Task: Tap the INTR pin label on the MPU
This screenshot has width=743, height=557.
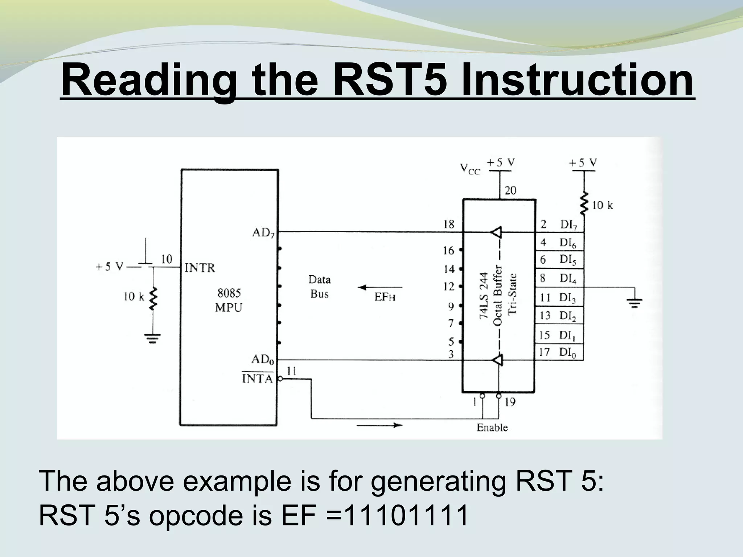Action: point(200,268)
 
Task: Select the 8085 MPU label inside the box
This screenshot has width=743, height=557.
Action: point(229,300)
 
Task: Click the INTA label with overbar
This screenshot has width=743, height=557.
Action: point(257,379)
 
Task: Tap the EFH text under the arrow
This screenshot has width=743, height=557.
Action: point(385,298)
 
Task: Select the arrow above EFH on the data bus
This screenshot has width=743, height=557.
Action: point(380,288)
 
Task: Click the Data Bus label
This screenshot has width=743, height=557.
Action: point(319,286)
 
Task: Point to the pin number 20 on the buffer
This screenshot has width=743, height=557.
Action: point(510,190)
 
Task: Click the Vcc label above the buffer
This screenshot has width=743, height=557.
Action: point(470,169)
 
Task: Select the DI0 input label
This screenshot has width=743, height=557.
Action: point(567,352)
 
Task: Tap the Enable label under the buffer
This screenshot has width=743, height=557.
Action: point(492,428)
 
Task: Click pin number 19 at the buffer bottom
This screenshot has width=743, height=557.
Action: point(510,402)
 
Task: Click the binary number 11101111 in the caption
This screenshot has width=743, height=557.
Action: point(406,516)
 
